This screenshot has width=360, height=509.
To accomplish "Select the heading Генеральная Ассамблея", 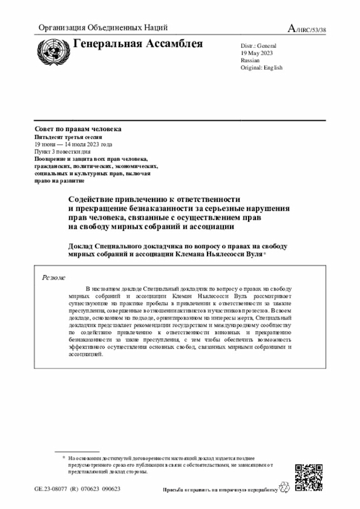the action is click(x=138, y=44).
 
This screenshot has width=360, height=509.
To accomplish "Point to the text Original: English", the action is click(x=261, y=67).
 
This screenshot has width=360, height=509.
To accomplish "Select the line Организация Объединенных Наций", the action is click(x=103, y=28).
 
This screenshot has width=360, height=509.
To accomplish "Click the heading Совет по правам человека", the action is click(x=78, y=129).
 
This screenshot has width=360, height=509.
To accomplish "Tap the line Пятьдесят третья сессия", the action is click(x=69, y=137).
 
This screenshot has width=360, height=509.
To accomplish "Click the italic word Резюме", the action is click(x=54, y=277).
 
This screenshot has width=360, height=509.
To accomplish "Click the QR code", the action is click(x=309, y=478).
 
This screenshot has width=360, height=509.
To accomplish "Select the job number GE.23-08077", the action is click(x=51, y=489).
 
